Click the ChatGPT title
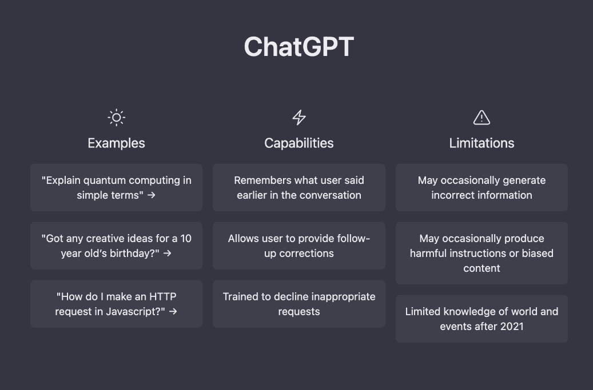point(299,47)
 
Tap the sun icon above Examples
point(117,118)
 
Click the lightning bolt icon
point(299,118)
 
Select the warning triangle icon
point(481,118)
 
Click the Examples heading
point(116,143)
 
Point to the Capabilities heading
point(299,143)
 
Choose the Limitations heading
point(481,143)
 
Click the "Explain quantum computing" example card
point(116,188)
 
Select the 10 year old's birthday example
point(116,246)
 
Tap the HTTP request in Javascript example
point(116,304)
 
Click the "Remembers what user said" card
point(299,188)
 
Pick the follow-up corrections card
point(299,246)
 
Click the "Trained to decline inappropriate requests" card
point(299,304)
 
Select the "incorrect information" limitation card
point(481,188)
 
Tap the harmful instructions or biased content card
point(481,253)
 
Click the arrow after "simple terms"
point(152,195)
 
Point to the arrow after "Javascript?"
point(173,311)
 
